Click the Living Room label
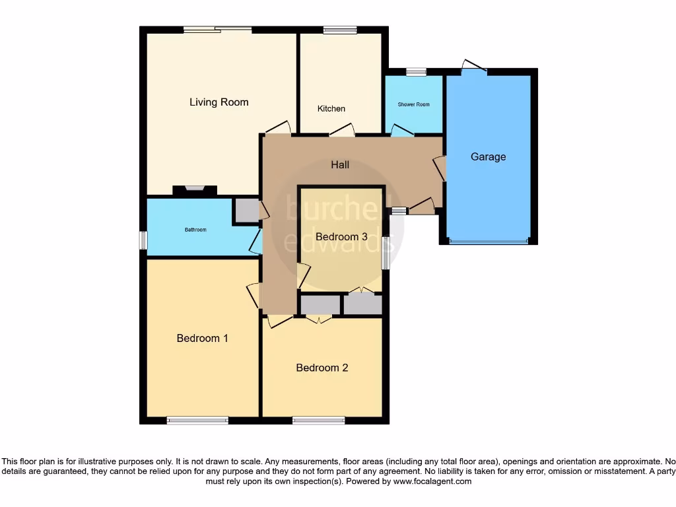point(219,102)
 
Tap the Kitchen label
point(331,109)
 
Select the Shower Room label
point(413,104)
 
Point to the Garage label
point(488,157)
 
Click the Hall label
point(340,165)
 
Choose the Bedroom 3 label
point(341,236)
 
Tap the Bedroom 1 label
point(202,338)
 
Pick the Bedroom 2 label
point(321,368)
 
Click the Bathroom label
point(195,230)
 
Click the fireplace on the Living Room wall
point(195,189)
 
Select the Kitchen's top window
point(340,30)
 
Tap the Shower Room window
point(416,71)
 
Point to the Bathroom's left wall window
point(143,240)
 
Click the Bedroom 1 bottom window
point(197,420)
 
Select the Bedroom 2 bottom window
point(318,420)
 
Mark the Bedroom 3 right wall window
point(386,253)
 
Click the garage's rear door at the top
point(473,66)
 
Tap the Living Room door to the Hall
point(277,127)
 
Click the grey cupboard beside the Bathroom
point(246,210)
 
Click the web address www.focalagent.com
point(432,482)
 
